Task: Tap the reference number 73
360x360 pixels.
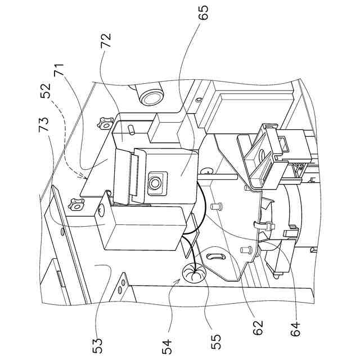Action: (44, 127)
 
